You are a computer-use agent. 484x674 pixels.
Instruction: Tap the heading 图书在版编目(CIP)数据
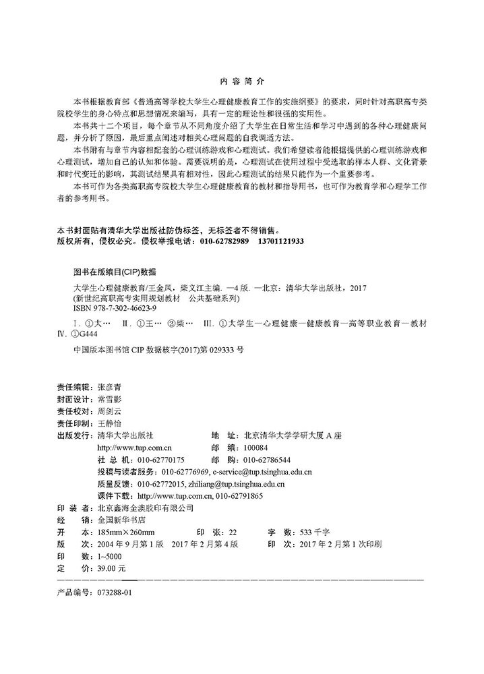coord(114,272)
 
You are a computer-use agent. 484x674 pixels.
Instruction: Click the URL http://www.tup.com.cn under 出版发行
coord(135,447)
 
